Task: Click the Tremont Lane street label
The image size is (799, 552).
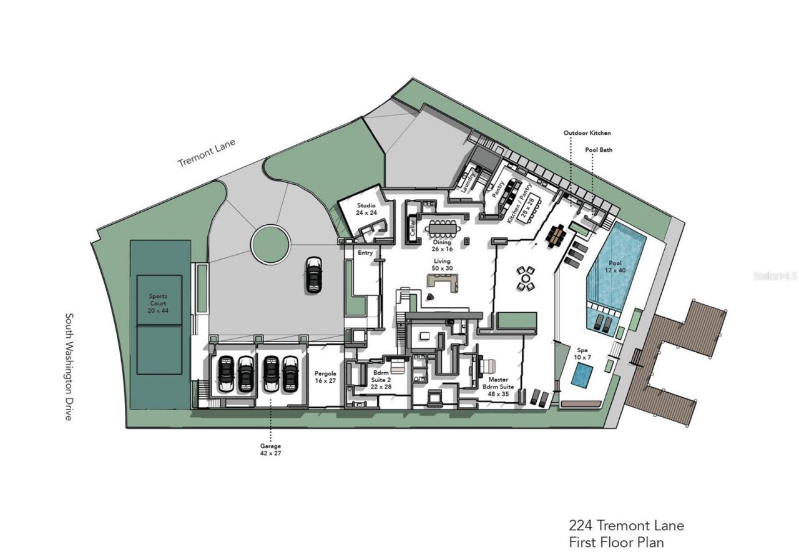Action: coord(207,153)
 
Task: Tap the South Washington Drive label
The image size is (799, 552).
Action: coord(69,367)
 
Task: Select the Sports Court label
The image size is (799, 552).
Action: coord(158,303)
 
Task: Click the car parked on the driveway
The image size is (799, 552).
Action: coord(314,275)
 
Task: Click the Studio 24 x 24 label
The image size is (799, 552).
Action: coord(366,209)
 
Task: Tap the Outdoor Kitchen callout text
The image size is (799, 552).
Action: coord(587,133)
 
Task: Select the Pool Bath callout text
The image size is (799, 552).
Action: coord(599,150)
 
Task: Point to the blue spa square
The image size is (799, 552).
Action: coord(582,375)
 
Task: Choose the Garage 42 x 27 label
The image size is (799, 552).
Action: coord(270,450)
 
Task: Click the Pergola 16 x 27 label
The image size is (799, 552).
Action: coord(325,376)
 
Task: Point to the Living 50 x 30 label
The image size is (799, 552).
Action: coord(442,265)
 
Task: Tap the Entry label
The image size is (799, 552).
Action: coord(365,253)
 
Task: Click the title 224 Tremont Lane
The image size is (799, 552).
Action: coord(626,525)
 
